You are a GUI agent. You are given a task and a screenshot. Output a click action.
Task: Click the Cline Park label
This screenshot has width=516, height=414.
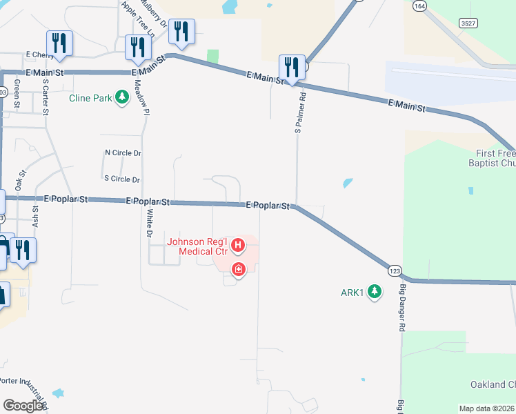90,98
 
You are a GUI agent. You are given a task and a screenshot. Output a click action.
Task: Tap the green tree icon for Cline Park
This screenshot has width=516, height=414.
122,97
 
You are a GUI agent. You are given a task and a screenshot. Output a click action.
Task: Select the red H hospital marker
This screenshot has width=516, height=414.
238,245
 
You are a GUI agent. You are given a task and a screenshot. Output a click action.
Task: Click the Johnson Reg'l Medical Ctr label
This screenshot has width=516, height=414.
198,246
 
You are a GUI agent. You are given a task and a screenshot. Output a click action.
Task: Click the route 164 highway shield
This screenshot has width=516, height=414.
419,5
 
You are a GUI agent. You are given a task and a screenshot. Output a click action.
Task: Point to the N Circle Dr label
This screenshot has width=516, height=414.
122,152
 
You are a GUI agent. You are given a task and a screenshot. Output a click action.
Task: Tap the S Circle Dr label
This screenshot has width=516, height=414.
122,179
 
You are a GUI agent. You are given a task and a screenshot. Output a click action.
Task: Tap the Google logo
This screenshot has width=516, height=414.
23,405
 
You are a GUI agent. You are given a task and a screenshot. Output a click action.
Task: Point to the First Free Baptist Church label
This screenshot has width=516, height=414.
495,159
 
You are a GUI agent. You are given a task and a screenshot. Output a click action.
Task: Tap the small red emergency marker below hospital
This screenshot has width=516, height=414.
238,269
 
